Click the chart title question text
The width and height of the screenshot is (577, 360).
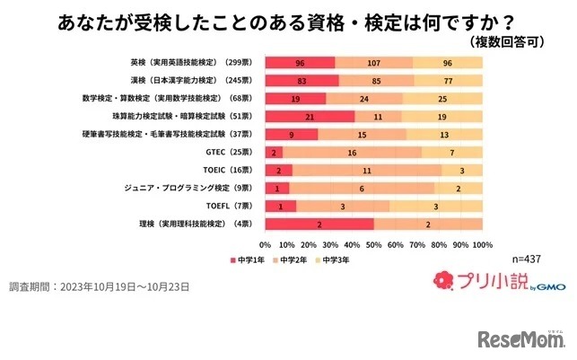tap(288, 20)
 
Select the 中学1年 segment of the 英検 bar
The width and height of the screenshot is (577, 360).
tap(300, 63)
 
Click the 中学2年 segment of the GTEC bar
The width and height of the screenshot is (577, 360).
tap(354, 153)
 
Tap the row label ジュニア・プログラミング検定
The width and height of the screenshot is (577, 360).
tap(189, 188)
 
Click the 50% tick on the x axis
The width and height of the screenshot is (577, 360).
tap(374, 244)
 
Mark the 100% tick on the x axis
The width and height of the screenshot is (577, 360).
tap(483, 244)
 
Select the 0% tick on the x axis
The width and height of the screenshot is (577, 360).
tap(266, 244)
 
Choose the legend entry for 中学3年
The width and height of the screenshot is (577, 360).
tap(335, 259)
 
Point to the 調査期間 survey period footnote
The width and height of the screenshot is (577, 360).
tap(99, 286)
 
